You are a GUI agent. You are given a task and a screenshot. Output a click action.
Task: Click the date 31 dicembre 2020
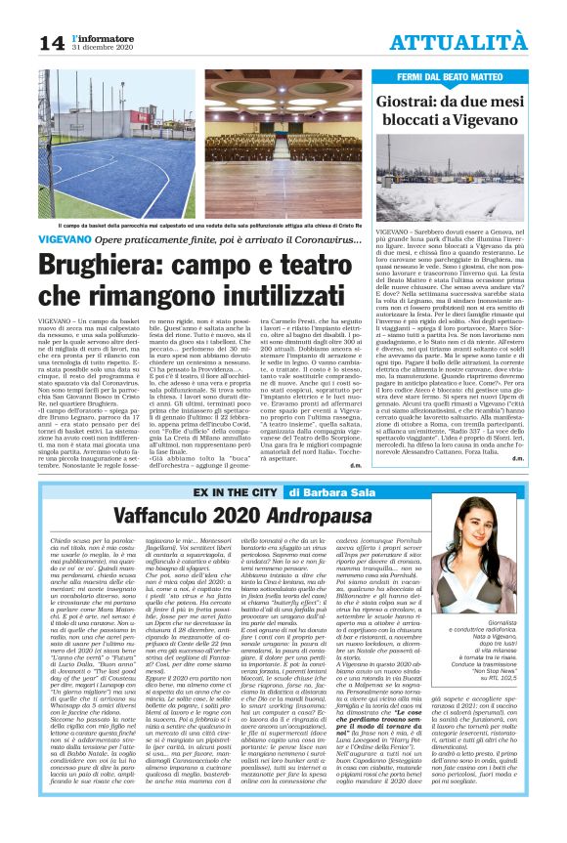pos(101,49)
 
